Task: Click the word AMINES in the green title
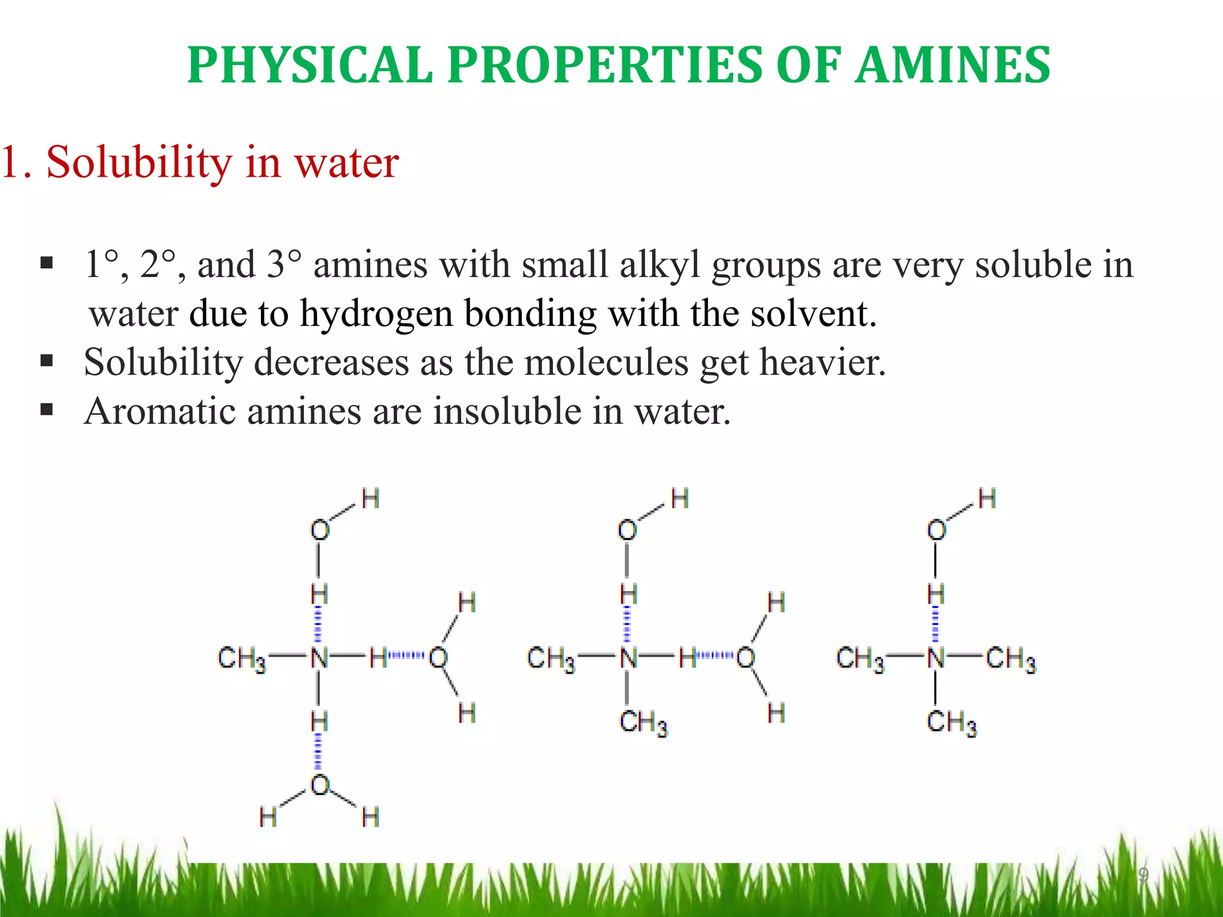click(952, 65)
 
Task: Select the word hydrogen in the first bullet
click(376, 314)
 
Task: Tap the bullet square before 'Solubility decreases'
click(47, 361)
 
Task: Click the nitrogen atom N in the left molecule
click(319, 658)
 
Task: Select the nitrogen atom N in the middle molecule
click(628, 658)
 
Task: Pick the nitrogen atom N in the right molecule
click(936, 658)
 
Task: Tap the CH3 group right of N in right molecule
click(1010, 659)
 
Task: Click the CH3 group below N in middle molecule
click(643, 723)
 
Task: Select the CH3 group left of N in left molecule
click(242, 659)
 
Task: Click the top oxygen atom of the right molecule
click(936, 530)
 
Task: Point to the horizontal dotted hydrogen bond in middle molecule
click(715, 657)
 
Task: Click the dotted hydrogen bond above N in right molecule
click(936, 624)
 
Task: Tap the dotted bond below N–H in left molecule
click(319, 753)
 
